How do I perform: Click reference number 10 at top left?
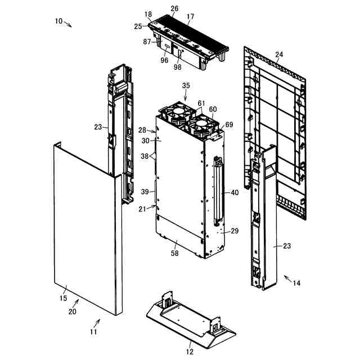58,21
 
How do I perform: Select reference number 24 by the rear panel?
279,55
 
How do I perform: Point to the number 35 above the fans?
186,85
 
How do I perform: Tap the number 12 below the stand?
189,351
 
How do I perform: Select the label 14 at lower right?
296,283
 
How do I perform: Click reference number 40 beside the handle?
235,192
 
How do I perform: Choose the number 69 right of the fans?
229,124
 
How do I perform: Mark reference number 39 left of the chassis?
145,192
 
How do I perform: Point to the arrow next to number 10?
69,24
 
